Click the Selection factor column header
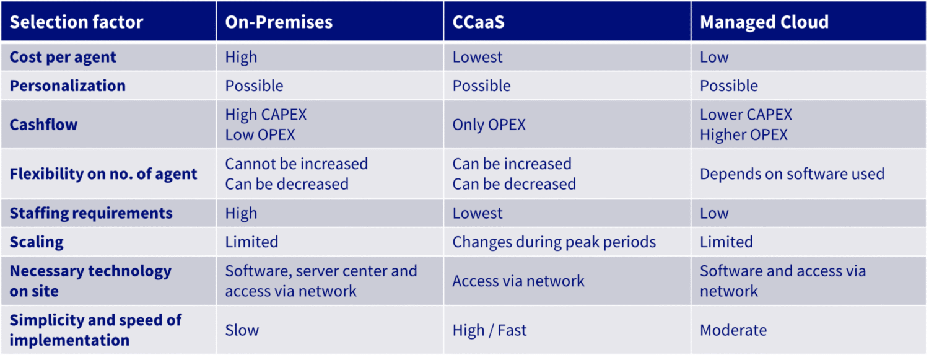76,22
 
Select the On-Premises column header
279,22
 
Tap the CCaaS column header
478,22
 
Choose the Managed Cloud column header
764,22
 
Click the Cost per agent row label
63,57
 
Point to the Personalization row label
68,86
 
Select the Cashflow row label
43,125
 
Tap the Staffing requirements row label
91,213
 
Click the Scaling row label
37,242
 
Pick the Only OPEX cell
489,125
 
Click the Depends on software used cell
792,173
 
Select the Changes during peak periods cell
554,242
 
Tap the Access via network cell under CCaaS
518,281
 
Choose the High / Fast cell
489,330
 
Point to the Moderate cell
733,330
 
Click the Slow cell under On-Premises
242,330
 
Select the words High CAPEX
266,115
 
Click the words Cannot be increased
297,164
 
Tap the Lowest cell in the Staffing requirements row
478,213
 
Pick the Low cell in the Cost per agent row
714,57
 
